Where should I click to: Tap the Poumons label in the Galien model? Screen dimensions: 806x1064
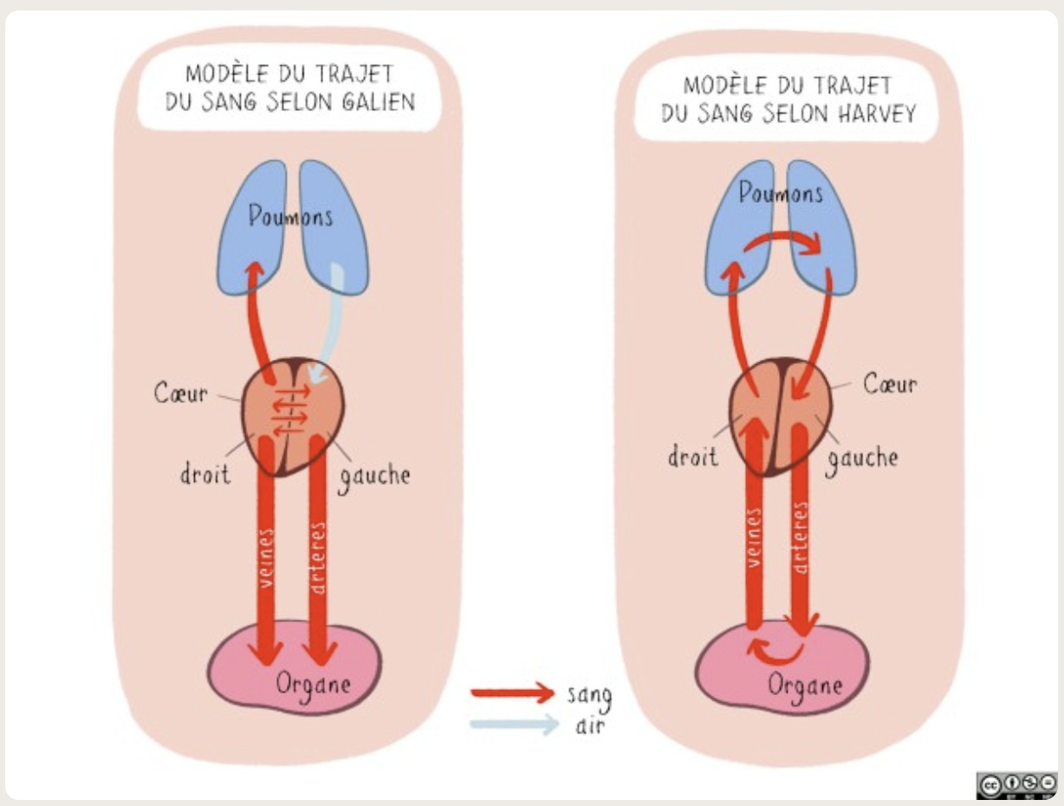290,216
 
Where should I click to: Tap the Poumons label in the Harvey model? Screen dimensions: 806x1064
781,193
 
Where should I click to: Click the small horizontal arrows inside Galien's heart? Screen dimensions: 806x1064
290,407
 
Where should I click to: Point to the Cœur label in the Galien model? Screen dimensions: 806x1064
181,393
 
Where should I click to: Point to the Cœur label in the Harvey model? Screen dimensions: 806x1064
889,384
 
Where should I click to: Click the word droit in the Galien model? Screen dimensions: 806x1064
205,472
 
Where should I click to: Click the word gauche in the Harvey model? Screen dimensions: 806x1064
861,458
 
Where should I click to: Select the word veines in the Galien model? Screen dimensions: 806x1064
266,558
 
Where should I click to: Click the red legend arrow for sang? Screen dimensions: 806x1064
511,692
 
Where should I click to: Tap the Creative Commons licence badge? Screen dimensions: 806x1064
1015,783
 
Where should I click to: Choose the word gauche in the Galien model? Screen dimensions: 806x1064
374,475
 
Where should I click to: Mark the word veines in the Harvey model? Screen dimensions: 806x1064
754,538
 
